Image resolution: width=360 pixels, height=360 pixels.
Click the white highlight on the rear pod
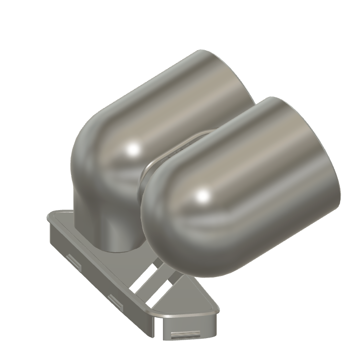click(x=133, y=148)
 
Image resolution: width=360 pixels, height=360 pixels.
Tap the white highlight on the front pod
click(x=203, y=197)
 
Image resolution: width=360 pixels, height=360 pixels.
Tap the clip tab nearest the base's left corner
click(x=73, y=260)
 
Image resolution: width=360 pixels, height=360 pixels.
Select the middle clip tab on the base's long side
click(x=116, y=300)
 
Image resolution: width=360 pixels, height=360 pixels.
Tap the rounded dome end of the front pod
click(x=164, y=218)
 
